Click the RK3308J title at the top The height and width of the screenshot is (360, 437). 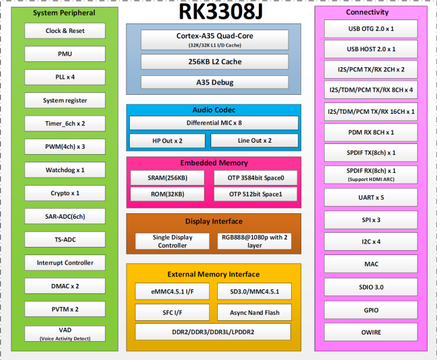[x=221, y=11]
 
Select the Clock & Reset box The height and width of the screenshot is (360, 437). [x=65, y=31]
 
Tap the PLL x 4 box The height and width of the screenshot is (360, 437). [x=65, y=77]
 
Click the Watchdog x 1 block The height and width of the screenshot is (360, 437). [x=65, y=170]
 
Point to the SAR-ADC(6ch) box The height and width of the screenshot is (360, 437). [x=65, y=216]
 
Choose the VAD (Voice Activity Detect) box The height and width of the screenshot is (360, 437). [x=65, y=334]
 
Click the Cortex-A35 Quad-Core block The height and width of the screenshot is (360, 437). [x=214, y=40]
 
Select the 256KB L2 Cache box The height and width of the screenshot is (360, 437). [x=214, y=62]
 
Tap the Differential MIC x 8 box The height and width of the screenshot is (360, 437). [x=214, y=123]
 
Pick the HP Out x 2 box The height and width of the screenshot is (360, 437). [x=167, y=141]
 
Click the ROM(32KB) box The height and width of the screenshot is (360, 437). [x=167, y=194]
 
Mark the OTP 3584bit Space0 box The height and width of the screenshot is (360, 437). [x=255, y=178]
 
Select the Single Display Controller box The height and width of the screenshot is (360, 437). [x=172, y=241]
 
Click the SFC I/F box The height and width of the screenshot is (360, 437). [x=172, y=313]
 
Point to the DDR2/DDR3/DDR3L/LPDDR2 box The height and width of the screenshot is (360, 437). [x=213, y=332]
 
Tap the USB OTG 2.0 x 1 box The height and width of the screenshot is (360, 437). [x=371, y=29]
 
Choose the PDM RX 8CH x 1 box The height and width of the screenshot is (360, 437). [x=371, y=133]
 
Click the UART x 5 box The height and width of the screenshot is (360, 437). [x=371, y=197]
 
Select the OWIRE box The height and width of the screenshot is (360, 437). [x=371, y=332]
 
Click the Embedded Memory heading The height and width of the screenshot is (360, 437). [x=214, y=163]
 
